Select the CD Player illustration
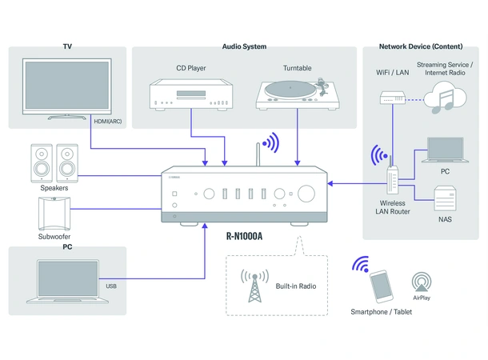pos(191,93)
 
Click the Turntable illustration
pos(298,93)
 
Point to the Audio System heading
pos(244,46)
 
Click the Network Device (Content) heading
pos(421,46)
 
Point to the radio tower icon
pos(254,286)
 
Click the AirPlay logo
pos(422,282)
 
